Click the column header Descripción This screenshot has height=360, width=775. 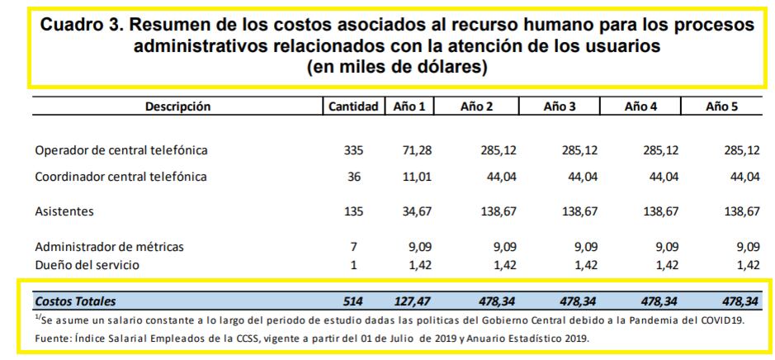(178, 107)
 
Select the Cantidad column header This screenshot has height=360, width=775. (353, 107)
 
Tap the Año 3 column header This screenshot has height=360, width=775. (560, 107)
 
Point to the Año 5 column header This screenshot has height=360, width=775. (721, 107)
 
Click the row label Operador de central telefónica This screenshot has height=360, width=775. (121, 151)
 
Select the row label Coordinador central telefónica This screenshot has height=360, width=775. (121, 177)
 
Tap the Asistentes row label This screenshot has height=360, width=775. (64, 211)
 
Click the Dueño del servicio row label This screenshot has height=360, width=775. (87, 265)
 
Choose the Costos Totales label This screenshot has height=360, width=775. (75, 301)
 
